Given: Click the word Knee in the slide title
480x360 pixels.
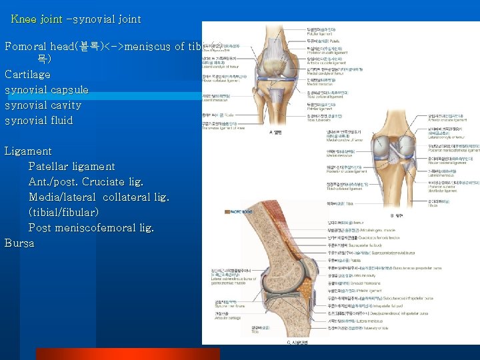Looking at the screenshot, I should click(24, 19).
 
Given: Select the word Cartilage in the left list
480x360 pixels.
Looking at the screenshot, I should click(27, 74).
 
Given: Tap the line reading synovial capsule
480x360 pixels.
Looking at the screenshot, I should click(47, 89).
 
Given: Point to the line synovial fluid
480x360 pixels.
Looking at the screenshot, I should click(39, 120).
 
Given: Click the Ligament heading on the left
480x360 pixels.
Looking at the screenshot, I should click(28, 151).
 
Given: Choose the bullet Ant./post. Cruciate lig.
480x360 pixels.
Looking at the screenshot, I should click(86, 181).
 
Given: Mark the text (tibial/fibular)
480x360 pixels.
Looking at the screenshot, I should click(64, 212).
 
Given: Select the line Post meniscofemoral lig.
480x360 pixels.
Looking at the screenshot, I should click(91, 227).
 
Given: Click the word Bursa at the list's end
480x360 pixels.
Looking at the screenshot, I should click(19, 243).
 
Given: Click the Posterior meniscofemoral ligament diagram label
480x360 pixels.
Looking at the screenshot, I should click(454, 151).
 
